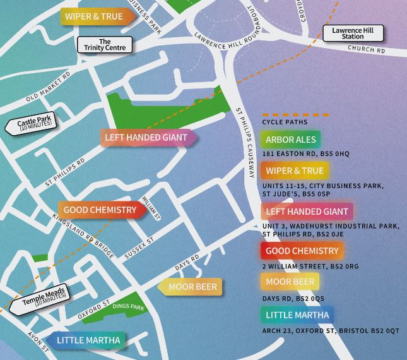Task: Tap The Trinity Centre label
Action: point(105,45)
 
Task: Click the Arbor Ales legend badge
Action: point(290,140)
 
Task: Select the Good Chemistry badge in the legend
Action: point(302,251)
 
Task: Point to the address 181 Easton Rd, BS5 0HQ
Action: point(305,154)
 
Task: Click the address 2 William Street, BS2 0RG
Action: point(310,266)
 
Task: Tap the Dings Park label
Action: point(128,307)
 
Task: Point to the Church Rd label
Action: point(366,50)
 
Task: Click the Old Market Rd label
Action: point(49,88)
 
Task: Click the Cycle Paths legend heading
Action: point(285,121)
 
